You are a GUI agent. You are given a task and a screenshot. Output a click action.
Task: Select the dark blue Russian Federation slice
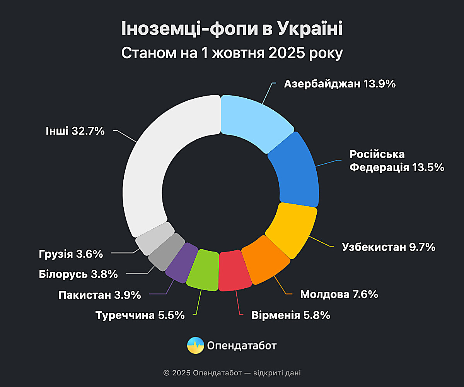pos(296,170)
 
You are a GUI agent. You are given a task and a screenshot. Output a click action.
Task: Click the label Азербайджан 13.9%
pos(339,84)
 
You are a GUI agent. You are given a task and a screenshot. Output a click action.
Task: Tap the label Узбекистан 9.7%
pos(389,247)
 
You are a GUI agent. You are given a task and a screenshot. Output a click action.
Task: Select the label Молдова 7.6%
pos(339,295)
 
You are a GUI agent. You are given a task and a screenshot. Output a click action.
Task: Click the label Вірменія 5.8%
pos(291,315)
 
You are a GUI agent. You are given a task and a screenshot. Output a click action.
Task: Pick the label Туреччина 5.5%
pos(140,315)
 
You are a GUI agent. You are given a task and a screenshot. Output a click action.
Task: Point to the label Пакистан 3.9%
pos(99,295)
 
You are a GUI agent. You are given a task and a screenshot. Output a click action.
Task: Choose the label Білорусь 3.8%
pos(78,274)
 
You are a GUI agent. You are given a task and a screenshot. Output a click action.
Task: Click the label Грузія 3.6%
pos(71,254)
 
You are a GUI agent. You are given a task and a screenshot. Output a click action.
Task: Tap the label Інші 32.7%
pos(75,131)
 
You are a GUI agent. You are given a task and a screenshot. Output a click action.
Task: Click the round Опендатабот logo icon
pos(196,345)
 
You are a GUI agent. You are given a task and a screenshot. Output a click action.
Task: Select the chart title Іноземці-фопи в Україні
pos(232,29)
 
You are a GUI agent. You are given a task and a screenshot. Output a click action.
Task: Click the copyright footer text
pos(232,373)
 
